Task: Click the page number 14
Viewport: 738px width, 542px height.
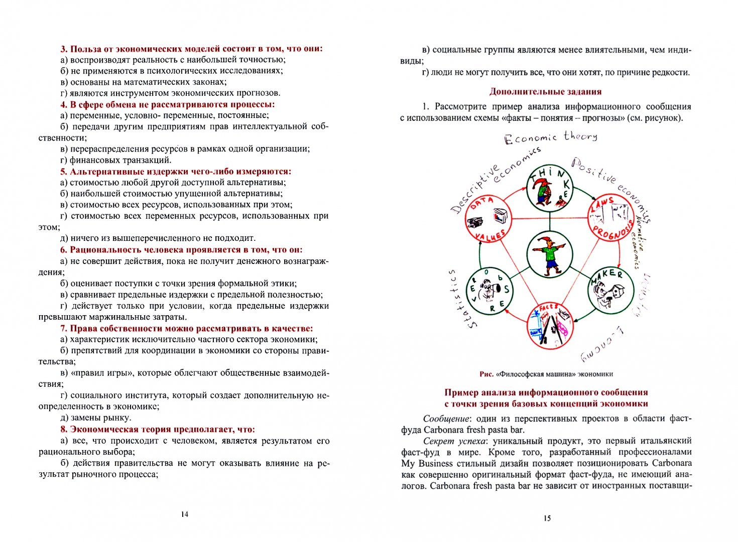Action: [x=184, y=514]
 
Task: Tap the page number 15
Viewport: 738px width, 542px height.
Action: [x=547, y=518]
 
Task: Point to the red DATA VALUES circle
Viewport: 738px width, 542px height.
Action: [x=488, y=218]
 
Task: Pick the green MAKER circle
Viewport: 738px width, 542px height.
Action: [x=610, y=291]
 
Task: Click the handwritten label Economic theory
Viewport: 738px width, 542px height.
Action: [x=550, y=138]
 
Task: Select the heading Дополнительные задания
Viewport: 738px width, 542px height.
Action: [x=545, y=92]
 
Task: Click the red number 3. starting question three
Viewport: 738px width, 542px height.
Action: [x=64, y=49]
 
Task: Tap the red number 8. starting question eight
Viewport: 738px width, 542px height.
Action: [x=64, y=430]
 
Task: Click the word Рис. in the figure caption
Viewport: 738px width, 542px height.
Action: [x=486, y=374]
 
